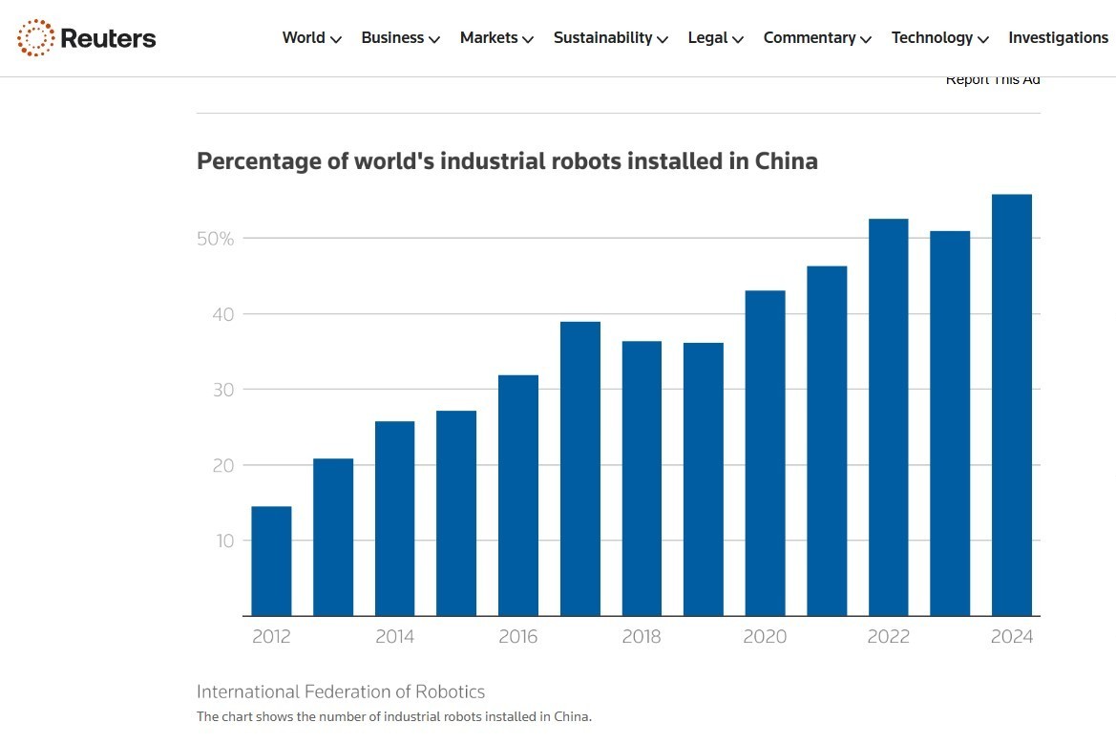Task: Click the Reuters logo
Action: point(86,38)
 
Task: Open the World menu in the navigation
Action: point(311,38)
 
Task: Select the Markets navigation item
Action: point(496,38)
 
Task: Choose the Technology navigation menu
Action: point(939,38)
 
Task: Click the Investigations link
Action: point(1058,38)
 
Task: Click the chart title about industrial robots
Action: point(507,160)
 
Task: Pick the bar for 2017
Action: point(580,468)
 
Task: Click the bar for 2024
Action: point(1012,406)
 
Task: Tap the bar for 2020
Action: point(766,454)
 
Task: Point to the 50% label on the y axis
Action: point(215,239)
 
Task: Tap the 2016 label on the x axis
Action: point(518,637)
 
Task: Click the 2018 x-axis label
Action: point(642,637)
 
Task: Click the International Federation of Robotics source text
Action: point(341,691)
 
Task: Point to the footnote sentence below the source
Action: point(394,716)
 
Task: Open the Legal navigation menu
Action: point(715,38)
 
